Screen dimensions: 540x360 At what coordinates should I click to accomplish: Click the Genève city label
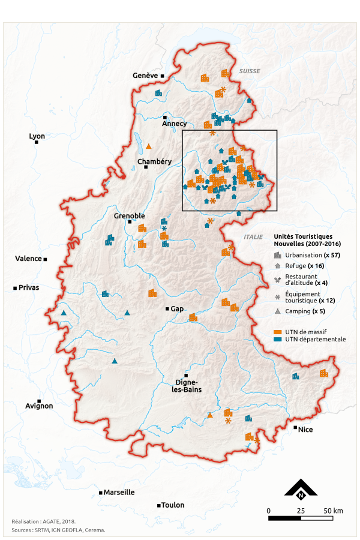(x=145, y=76)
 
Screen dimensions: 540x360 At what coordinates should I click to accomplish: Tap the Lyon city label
(x=37, y=136)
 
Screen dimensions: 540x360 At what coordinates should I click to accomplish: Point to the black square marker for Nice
(x=295, y=427)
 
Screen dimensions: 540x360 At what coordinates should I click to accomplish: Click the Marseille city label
(x=119, y=492)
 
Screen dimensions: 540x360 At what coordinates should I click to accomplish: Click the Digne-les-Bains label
(x=188, y=386)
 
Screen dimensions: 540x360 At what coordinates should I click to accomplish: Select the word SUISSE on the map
(x=250, y=71)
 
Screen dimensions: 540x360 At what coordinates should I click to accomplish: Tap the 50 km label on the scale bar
(x=334, y=511)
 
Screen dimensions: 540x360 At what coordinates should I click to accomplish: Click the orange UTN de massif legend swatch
(x=278, y=331)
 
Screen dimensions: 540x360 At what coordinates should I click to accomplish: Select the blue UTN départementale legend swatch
(x=278, y=339)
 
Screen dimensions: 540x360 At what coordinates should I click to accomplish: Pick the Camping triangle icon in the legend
(x=277, y=311)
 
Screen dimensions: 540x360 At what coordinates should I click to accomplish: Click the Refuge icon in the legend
(x=277, y=265)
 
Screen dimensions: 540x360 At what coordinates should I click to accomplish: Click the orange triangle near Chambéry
(x=149, y=146)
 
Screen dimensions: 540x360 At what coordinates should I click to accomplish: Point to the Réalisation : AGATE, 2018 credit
(x=44, y=522)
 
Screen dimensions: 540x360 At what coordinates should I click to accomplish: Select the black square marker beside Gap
(x=167, y=308)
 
